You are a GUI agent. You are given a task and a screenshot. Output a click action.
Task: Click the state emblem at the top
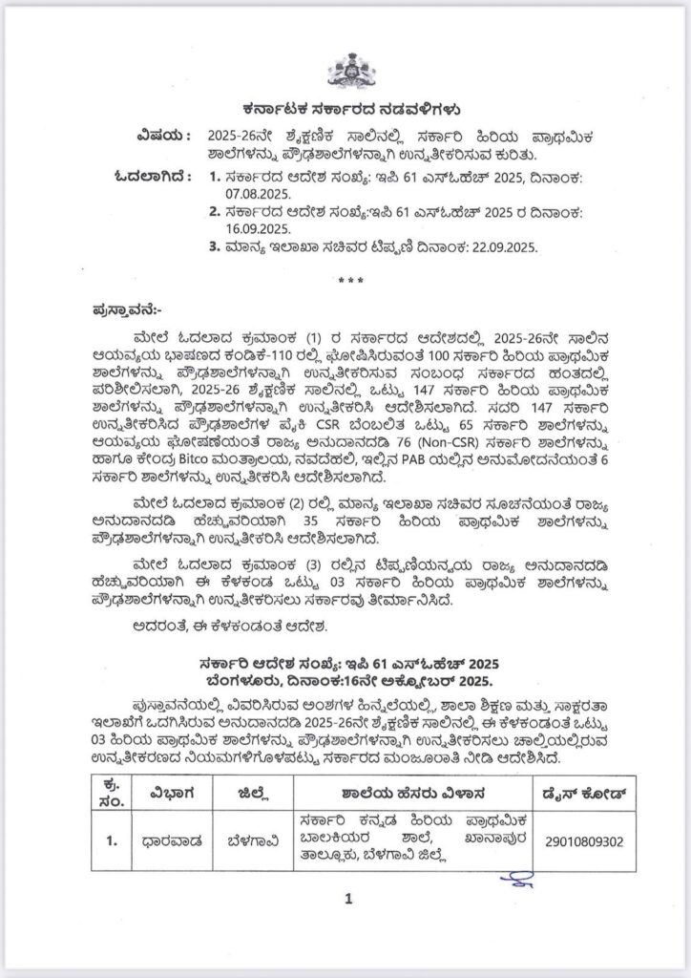[345, 69]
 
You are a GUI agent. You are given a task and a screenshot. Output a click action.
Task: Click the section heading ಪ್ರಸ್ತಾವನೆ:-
[127, 310]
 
